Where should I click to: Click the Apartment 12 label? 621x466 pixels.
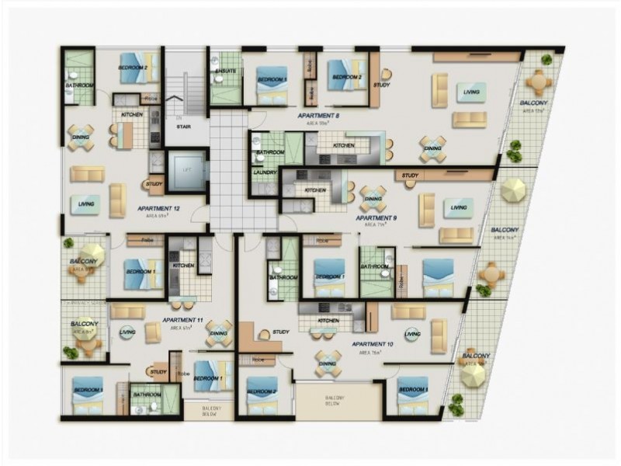point(159,209)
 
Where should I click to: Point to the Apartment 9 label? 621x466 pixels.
point(376,219)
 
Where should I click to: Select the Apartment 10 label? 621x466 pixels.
point(373,343)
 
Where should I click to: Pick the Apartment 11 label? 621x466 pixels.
point(184,320)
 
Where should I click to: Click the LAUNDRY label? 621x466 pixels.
point(265,172)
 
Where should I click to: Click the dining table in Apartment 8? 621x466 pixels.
point(432,148)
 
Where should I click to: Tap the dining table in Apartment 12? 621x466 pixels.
point(80,137)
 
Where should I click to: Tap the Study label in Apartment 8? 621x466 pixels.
point(381,85)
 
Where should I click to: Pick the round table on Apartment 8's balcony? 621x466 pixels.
point(538,80)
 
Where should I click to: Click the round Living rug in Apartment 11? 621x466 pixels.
point(127,332)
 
